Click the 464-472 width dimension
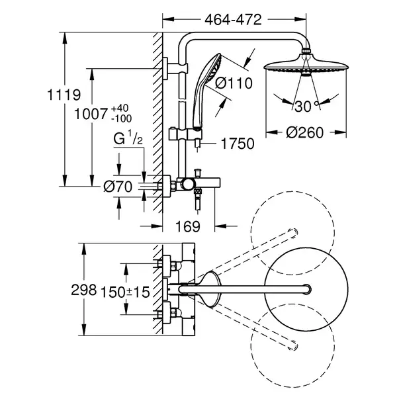(x=233, y=20)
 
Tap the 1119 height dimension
(x=64, y=95)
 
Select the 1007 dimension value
(x=91, y=114)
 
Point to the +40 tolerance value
(x=120, y=108)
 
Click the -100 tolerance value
(x=122, y=118)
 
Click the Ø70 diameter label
(x=118, y=187)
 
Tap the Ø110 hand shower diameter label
(x=234, y=83)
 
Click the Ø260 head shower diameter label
(x=305, y=133)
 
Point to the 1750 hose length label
(x=238, y=144)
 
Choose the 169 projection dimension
(x=188, y=226)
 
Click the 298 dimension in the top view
(x=84, y=290)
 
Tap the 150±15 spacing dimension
(x=125, y=292)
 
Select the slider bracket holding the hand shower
(x=185, y=134)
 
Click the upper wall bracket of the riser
(x=175, y=69)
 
